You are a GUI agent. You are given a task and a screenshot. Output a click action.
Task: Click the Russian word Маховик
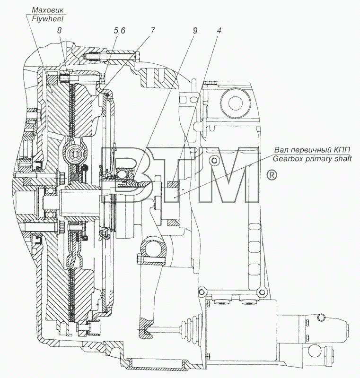tap(48, 10)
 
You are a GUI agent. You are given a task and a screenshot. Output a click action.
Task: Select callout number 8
tap(60, 30)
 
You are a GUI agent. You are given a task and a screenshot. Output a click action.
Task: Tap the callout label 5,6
tap(119, 30)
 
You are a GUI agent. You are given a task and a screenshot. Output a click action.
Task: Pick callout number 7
tap(152, 30)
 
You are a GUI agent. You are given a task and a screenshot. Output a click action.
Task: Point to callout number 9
tap(195, 30)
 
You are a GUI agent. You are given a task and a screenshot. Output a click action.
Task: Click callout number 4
tap(219, 30)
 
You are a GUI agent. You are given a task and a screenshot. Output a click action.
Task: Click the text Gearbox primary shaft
tap(312, 159)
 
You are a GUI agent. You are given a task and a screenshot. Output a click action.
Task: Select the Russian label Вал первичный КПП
tap(312, 150)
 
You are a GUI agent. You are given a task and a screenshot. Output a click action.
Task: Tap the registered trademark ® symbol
tap(272, 175)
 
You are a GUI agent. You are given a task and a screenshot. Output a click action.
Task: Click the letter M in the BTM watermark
tap(229, 174)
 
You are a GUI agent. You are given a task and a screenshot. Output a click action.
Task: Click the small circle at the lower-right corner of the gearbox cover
tap(261, 292)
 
